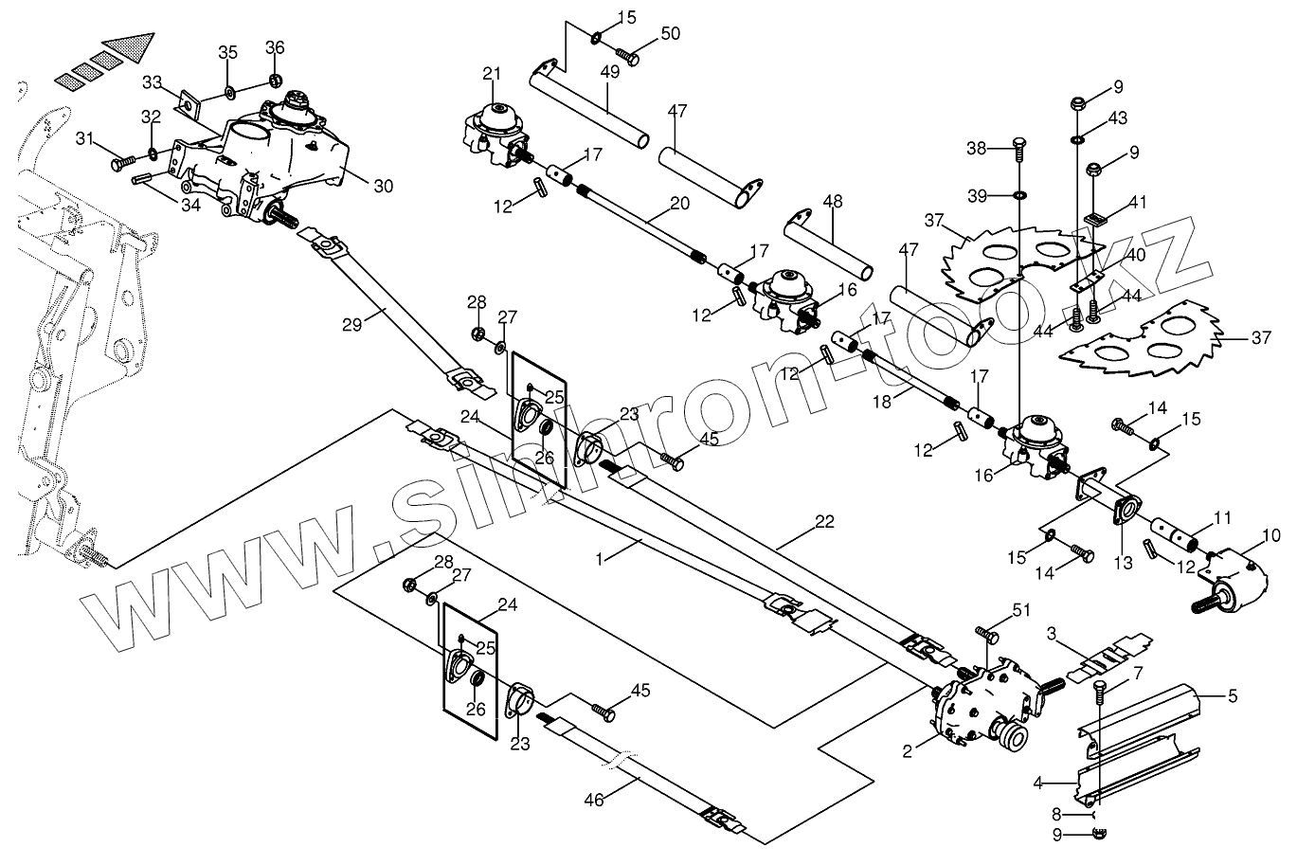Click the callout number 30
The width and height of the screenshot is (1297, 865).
click(x=383, y=187)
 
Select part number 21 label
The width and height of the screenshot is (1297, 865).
click(x=490, y=74)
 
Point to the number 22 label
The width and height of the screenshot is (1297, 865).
click(x=824, y=522)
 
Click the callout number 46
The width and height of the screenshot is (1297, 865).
click(x=594, y=800)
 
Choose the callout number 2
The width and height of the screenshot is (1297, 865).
click(x=908, y=751)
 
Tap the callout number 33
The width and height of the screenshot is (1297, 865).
click(x=153, y=82)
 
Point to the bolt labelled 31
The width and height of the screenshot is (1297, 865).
click(x=120, y=164)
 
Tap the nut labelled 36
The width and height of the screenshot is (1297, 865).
click(x=275, y=77)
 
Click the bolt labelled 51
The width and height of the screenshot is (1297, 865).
click(x=984, y=635)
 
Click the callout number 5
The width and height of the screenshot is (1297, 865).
click(x=1233, y=697)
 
